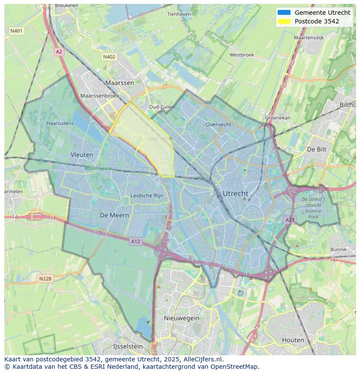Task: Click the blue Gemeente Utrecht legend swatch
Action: pos(283,13)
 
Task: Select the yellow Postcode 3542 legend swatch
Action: pos(283,21)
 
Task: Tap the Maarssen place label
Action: pos(120,83)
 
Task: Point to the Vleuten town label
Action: pos(82,155)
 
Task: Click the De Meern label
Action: pos(114,215)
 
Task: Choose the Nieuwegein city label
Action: pos(181,318)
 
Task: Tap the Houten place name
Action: pos(293,340)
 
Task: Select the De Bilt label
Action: pos(317,149)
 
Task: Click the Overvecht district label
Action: pos(218,124)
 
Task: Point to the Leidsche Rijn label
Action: pos(147,196)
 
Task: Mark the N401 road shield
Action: pos(17,31)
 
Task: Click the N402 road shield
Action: pos(109,57)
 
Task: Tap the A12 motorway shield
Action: pos(135,242)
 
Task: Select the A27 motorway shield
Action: pos(290,220)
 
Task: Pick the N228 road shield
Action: pos(46,278)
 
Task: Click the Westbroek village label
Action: pos(241,55)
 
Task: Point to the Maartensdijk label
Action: pos(309,38)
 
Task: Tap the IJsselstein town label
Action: pos(128,347)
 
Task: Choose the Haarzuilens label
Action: pos(60,123)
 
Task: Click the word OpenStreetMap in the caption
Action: pos(234,367)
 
